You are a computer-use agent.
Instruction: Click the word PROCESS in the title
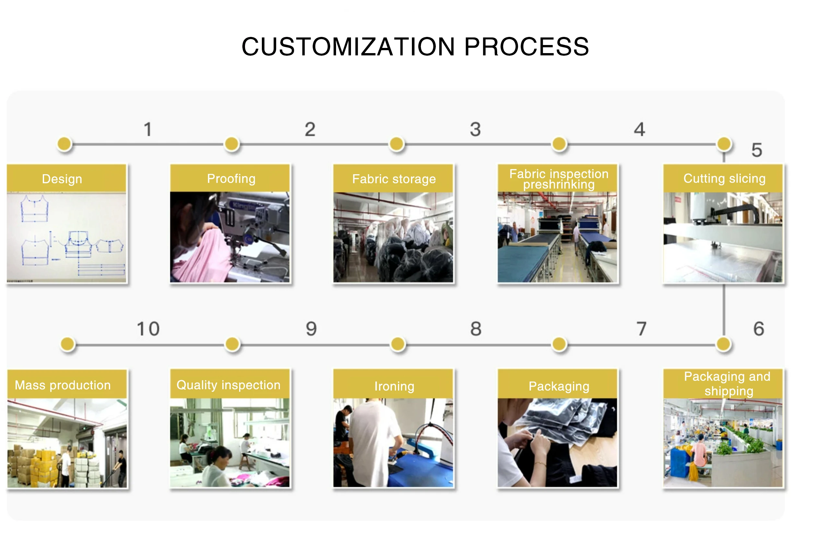[x=526, y=47]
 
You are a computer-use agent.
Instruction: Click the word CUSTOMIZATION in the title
[x=348, y=47]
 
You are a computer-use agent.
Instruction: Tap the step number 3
[x=475, y=130]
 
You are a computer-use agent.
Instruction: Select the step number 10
[x=148, y=329]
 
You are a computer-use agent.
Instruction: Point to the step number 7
[x=641, y=329]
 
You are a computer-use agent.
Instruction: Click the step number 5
[x=757, y=150]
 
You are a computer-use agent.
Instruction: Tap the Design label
[x=62, y=179]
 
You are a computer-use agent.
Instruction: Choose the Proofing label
[x=231, y=178]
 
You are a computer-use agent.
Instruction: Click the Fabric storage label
[x=394, y=179]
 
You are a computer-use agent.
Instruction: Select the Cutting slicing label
[x=724, y=178]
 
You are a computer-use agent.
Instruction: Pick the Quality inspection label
[x=228, y=385]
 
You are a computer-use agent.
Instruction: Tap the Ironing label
[x=394, y=386]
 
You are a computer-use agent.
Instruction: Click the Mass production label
[x=63, y=385]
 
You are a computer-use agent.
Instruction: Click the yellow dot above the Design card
[x=64, y=144]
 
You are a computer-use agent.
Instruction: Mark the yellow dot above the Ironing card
[x=398, y=344]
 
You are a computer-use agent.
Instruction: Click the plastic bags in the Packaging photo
[x=562, y=421]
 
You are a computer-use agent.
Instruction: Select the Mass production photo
[x=67, y=443]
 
